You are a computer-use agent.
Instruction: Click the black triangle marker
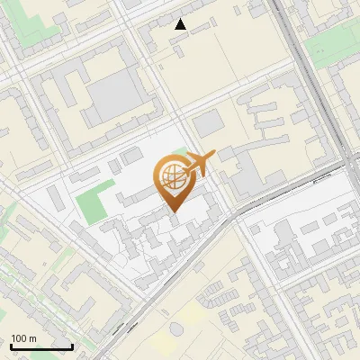[x=181, y=24]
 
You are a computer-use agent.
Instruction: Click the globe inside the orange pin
[x=174, y=176]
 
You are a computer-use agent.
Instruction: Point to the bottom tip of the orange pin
[x=174, y=212]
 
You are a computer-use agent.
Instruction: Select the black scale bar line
[x=41, y=346]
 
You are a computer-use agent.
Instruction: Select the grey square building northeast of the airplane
[x=207, y=124]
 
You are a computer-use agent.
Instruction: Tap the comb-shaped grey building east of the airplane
[x=270, y=121]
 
